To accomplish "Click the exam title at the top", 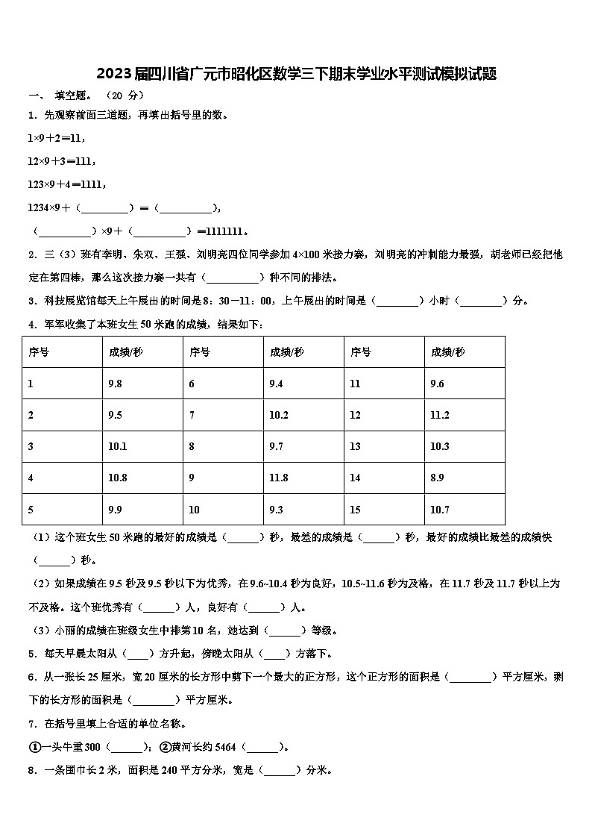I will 296,74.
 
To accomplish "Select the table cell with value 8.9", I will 438,478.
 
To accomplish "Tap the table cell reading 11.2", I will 440,415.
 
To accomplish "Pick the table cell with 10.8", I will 118,478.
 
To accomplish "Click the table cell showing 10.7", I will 440,510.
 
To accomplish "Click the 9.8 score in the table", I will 115,384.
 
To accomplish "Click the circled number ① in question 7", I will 34,746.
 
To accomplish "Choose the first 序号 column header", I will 39,351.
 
